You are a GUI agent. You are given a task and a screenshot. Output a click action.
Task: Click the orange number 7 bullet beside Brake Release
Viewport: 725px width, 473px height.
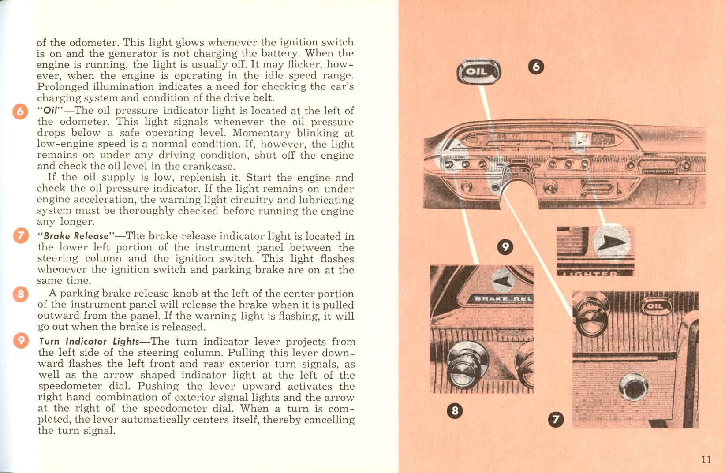coord(20,237)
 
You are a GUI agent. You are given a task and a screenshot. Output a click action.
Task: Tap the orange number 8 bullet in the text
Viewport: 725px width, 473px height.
coord(20,294)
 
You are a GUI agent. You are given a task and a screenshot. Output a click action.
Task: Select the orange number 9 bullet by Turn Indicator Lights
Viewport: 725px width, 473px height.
coord(20,341)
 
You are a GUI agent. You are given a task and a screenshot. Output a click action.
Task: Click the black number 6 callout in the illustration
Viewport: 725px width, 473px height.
coord(536,67)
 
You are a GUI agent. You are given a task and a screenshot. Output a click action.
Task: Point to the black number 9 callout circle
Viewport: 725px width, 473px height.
coord(505,247)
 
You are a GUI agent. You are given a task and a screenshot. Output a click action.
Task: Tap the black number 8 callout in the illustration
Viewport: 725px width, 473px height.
coord(454,411)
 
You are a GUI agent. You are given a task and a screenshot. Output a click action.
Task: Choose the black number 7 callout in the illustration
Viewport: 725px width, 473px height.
coord(556,420)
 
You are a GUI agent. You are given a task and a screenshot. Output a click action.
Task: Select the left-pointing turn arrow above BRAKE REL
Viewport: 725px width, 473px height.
coord(503,281)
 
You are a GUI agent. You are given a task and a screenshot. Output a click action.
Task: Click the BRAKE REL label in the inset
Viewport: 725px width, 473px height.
coord(503,299)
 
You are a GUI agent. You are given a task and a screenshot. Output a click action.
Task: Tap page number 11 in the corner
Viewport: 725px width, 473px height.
coord(706,459)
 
